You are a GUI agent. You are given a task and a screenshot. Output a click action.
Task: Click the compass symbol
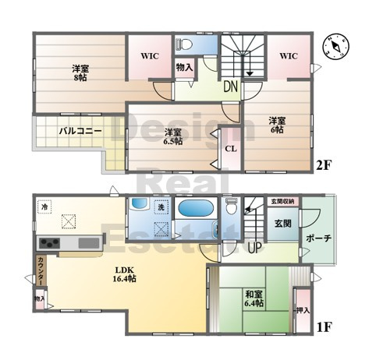[337, 46]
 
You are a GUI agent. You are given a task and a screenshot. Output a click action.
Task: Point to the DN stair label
[231, 87]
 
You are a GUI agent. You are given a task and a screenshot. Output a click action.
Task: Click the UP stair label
[254, 247]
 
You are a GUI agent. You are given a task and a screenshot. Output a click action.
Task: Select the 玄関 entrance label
[282, 222]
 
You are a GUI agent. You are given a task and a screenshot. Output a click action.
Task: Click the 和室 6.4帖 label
[253, 298]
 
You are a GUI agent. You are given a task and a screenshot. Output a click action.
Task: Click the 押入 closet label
[303, 311]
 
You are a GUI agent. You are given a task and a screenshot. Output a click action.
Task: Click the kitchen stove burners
[48, 243]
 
